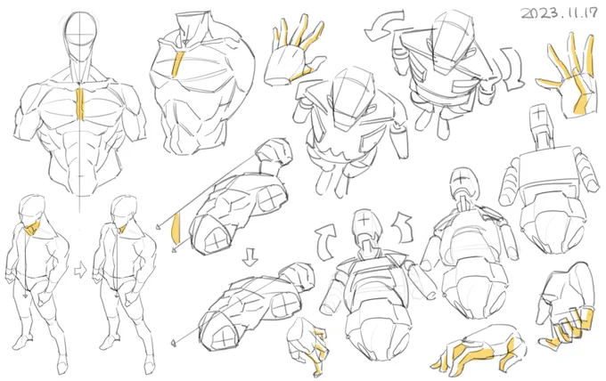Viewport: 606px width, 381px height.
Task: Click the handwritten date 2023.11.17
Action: click(x=560, y=13)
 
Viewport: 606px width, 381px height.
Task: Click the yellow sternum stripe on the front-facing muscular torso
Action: click(x=80, y=104)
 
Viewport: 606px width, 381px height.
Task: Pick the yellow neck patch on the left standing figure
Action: click(x=32, y=228)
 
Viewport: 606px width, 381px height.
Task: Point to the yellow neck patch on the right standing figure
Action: click(x=122, y=229)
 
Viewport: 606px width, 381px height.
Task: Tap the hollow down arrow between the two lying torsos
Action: click(x=250, y=257)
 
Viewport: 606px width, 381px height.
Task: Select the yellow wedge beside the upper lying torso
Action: click(x=176, y=229)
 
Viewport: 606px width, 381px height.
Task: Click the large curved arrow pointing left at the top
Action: click(x=385, y=24)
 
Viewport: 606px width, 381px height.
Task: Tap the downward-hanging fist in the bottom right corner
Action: click(x=564, y=306)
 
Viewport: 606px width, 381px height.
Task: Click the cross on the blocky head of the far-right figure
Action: click(x=538, y=113)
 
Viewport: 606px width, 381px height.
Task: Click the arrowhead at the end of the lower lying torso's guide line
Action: click(x=175, y=342)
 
